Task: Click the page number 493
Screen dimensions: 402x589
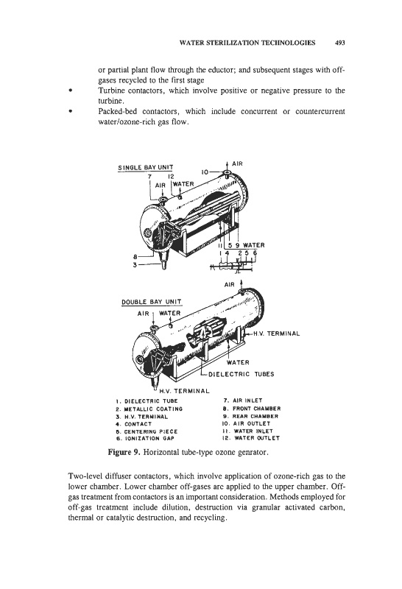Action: pos(339,43)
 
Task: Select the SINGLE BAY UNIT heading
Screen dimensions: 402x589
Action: pos(146,168)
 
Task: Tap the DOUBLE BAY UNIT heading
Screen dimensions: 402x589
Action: pos(152,302)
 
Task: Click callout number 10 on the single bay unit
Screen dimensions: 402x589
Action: pos(205,172)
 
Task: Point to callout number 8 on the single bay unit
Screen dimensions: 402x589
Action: pos(135,257)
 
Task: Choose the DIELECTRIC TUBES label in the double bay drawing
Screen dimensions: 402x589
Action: pos(241,374)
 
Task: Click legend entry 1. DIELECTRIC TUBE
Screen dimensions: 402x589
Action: pos(147,401)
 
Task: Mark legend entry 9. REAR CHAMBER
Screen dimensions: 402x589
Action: pos(250,416)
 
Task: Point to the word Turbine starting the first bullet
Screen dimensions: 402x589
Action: pos(111,91)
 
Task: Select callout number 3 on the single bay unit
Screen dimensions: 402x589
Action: pos(135,265)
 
